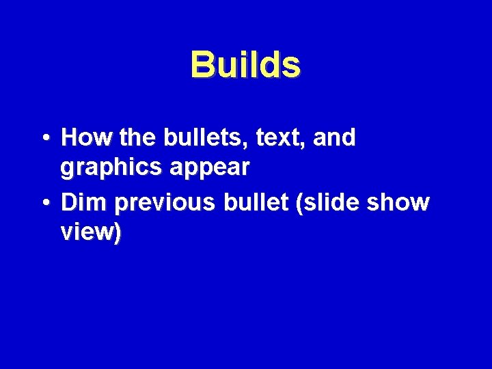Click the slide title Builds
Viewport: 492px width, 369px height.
245,65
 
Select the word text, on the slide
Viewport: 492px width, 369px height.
281,138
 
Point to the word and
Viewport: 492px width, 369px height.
335,138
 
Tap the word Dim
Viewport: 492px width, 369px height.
83,203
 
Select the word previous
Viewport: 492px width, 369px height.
162,203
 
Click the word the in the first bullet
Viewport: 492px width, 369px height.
138,138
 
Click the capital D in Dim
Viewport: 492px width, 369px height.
68,203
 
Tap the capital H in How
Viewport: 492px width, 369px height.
70,138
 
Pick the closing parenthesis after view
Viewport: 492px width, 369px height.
118,234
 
